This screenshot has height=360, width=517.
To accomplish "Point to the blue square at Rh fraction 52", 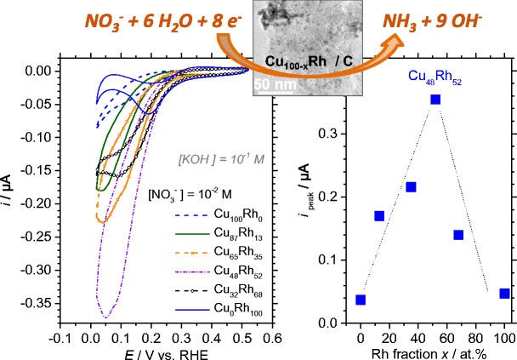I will coord(435,100).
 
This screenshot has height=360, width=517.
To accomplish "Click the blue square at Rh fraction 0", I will coord(361,300).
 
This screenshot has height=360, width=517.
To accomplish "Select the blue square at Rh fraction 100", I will coord(504,294).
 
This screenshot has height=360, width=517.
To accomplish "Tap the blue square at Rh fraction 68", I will coord(458,235).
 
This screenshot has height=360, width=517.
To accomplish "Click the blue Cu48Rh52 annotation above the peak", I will coord(434,77).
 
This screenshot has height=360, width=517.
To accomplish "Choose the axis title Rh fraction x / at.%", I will coord(433,352).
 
